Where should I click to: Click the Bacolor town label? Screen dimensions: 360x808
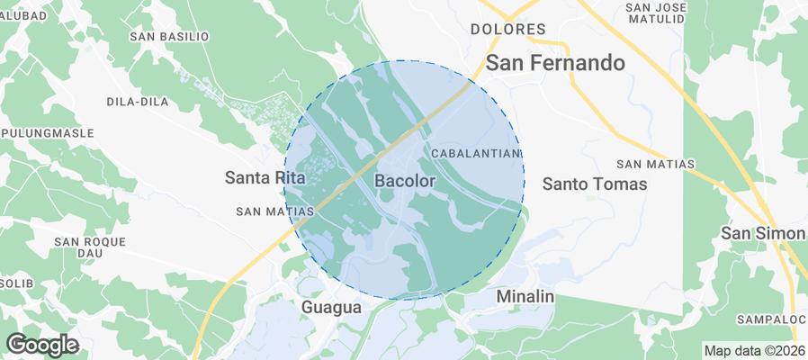404,181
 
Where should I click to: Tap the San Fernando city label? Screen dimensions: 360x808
555,63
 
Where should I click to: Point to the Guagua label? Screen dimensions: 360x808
331,308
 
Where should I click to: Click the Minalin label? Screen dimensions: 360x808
525,296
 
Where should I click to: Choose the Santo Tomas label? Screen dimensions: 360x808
595,184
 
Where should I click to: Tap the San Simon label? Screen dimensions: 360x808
763,234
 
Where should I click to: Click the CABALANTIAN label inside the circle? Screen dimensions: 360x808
477,155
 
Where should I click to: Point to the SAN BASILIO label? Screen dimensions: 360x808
169,37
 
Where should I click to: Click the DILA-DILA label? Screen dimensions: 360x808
138,102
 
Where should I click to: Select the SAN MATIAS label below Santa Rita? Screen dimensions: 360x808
274,211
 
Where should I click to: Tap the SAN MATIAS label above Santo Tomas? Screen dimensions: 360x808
656,164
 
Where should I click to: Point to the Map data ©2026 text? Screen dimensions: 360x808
754,351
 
